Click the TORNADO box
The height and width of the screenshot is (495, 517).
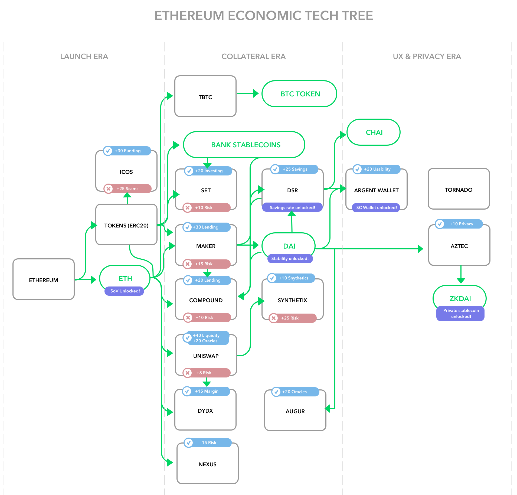[x=459, y=189]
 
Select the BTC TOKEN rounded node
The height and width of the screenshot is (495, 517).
[x=299, y=94]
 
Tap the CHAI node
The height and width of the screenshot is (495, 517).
[x=374, y=132]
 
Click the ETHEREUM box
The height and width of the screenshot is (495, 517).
[x=44, y=279]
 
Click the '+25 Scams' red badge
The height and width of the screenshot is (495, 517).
[x=127, y=188]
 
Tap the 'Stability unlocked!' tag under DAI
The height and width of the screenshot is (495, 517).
[x=290, y=258]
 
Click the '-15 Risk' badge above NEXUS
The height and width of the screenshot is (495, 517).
[x=208, y=442]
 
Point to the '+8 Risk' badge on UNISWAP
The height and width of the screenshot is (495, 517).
[x=207, y=373]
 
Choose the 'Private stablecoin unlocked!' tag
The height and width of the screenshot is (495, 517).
[x=460, y=313]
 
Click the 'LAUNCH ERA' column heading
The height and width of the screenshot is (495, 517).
[x=84, y=56]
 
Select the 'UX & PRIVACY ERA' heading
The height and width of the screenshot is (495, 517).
[x=427, y=56]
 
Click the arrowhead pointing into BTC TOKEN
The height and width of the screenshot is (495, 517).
[x=256, y=93]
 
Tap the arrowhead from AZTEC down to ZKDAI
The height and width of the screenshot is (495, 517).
[x=461, y=281]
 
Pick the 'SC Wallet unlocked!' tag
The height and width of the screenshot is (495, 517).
[x=376, y=207]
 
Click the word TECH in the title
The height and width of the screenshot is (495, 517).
[x=320, y=16]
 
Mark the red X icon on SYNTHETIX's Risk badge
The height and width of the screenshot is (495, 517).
[x=274, y=318]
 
